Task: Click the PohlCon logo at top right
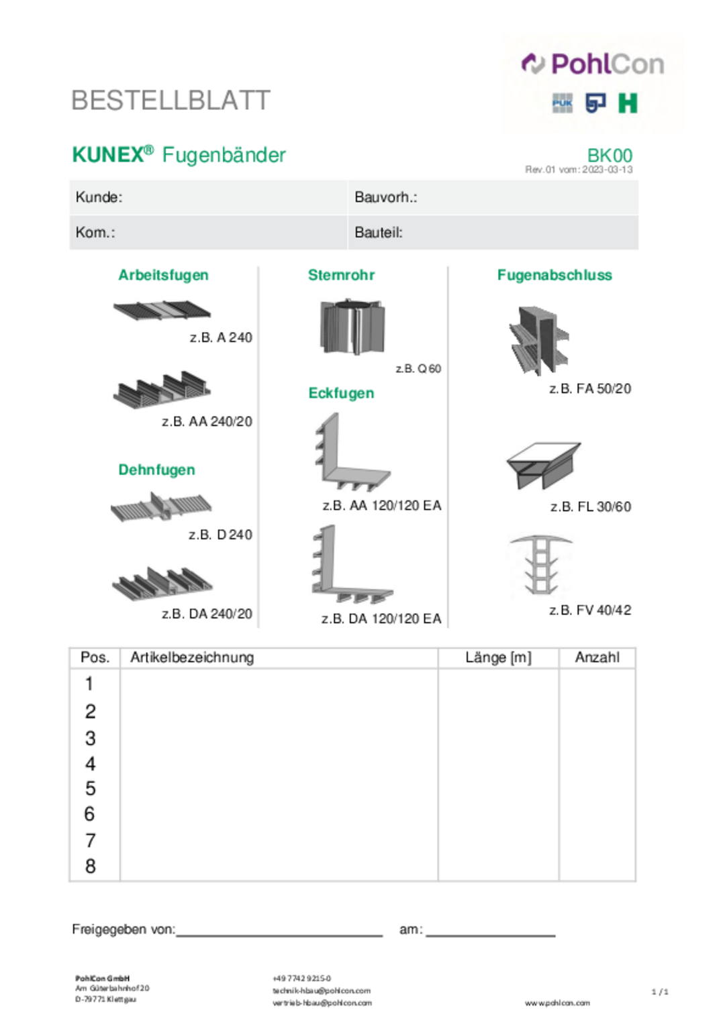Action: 593,64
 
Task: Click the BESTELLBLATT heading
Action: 171,101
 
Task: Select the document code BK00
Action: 610,156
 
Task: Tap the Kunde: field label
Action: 99,197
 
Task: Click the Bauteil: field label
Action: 379,233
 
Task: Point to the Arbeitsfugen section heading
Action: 163,275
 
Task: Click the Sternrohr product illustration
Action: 352,326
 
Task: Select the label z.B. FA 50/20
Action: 590,389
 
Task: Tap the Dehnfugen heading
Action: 156,470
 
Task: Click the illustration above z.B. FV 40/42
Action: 541,564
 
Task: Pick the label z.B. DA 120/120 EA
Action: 381,618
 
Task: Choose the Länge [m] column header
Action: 498,657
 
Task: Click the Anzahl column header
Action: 597,657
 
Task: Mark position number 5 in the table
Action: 91,789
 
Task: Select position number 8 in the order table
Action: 91,867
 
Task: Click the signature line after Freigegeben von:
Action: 279,932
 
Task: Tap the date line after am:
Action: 490,932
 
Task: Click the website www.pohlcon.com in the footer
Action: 557,1003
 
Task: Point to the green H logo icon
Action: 628,103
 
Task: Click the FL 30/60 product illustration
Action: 542,464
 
